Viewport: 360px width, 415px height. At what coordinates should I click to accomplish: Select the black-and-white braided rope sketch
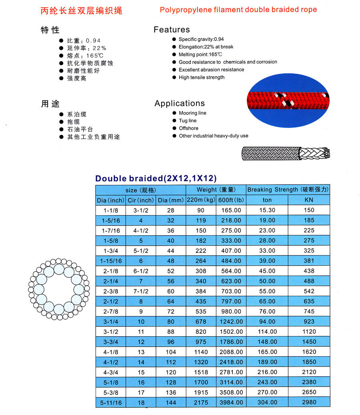pyautogui.click(x=286, y=153)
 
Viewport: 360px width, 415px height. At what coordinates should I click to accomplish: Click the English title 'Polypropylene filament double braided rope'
pyautogui.click(x=238, y=10)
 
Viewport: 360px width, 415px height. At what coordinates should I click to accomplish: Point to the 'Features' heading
pyautogui.click(x=172, y=30)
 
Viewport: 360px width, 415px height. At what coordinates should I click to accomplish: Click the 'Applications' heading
pyautogui.click(x=180, y=103)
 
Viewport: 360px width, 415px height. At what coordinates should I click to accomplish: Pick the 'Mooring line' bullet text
pyautogui.click(x=192, y=113)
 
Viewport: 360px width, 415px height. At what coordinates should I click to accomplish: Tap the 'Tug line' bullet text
pyautogui.click(x=188, y=121)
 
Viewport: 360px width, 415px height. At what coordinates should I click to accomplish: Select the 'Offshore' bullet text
pyautogui.click(x=188, y=128)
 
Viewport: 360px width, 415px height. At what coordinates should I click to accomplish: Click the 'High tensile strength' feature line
pyautogui.click(x=202, y=77)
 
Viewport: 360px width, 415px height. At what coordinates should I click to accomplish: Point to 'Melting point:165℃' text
pyautogui.click(x=200, y=54)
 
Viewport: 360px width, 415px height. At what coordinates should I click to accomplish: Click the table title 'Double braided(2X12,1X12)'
pyautogui.click(x=156, y=178)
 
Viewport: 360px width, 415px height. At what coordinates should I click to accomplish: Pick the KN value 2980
pyautogui.click(x=309, y=403)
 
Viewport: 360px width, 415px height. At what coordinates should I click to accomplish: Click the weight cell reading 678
pyautogui.click(x=200, y=321)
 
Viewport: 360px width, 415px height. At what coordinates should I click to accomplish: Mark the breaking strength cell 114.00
pyautogui.click(x=267, y=331)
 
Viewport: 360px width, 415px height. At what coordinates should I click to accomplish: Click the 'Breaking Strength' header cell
pyautogui.click(x=288, y=190)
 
